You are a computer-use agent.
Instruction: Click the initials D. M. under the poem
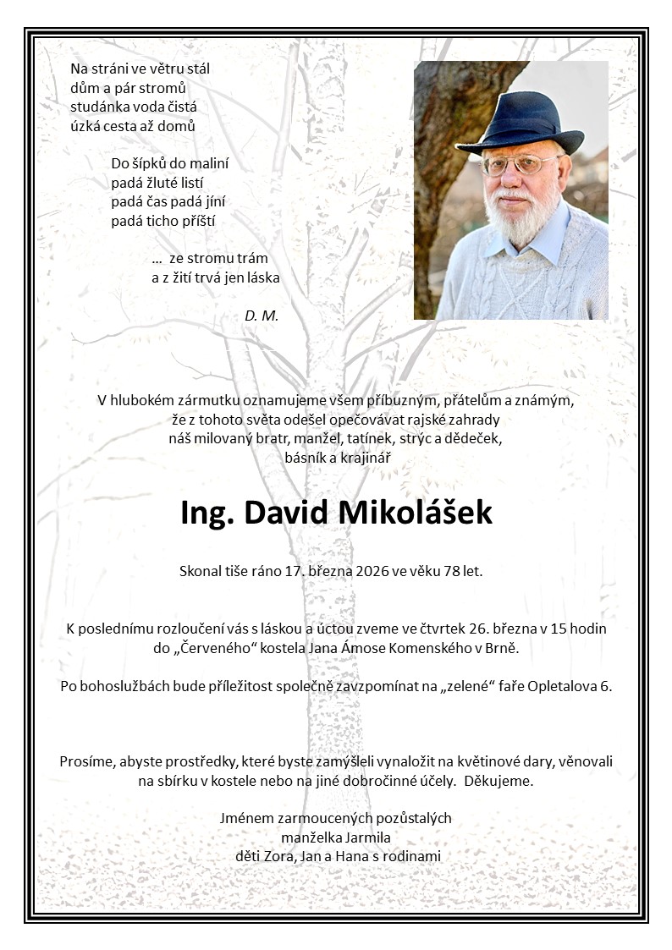(262, 316)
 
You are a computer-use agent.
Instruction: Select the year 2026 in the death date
(372, 571)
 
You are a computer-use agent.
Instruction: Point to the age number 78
(450, 571)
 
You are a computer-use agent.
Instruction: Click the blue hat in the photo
(529, 123)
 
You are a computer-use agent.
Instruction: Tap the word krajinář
(366, 458)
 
